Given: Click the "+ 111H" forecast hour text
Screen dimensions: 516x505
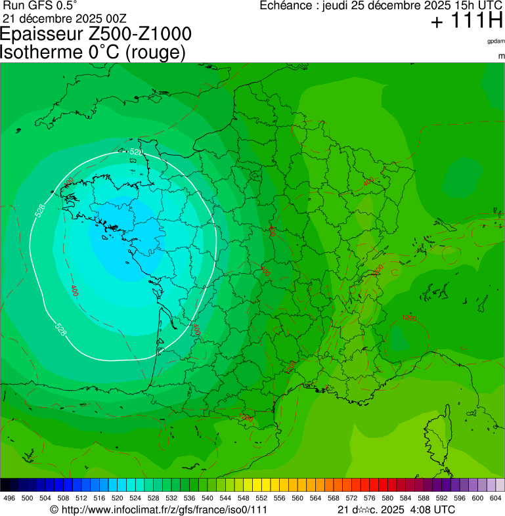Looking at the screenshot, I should (467, 22).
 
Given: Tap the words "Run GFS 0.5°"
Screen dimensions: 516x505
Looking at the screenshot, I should (40, 5).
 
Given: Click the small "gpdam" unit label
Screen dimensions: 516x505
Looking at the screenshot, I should (496, 41).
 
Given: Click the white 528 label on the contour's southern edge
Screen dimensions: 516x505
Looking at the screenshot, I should (60, 328).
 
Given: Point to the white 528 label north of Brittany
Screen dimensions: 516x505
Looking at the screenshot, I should (136, 152).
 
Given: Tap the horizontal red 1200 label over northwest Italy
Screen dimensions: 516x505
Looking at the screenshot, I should (409, 318).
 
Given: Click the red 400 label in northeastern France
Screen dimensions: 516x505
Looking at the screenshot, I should (368, 181).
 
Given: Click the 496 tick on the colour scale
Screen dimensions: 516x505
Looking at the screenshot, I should (9, 498).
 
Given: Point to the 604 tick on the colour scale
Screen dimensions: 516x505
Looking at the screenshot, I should (496, 498).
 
